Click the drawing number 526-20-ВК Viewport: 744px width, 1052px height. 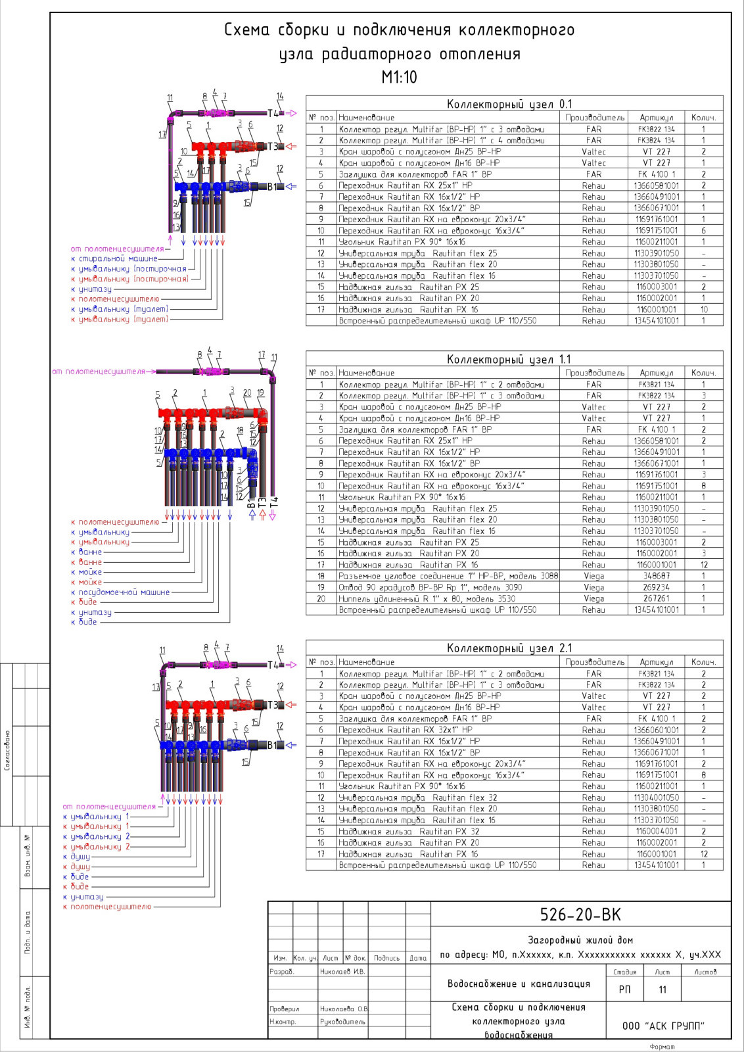coord(580,915)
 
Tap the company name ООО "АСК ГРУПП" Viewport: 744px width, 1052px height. coord(663,1026)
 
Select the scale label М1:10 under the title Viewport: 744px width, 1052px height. coord(399,78)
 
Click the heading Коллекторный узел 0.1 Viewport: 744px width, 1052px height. coord(509,104)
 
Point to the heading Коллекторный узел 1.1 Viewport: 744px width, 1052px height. coord(509,359)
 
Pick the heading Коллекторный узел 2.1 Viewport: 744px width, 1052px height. coord(509,648)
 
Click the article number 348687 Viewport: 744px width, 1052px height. coord(656,576)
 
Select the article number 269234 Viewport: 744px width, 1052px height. coord(656,587)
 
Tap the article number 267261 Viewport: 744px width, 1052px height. coord(656,598)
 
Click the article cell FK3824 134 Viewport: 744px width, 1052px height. coord(656,140)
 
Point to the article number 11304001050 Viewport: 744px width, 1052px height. coord(656,798)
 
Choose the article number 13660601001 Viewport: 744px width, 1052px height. coord(656,730)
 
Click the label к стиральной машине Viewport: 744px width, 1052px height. coord(114,259)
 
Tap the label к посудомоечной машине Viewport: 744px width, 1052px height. coord(120,592)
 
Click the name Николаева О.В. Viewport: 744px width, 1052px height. coord(344,1009)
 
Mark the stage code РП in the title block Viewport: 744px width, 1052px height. coord(624,990)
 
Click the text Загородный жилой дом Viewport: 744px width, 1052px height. coord(580,940)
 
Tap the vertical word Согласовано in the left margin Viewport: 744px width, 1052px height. coord(7,750)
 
